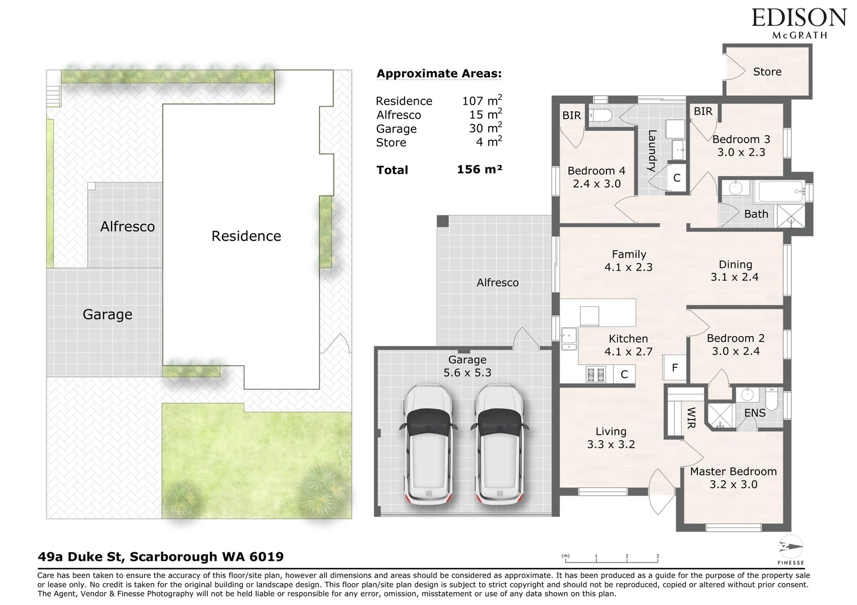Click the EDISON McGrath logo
799,22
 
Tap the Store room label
767,72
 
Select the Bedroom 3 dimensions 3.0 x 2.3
741,152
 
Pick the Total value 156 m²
479,169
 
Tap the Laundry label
652,151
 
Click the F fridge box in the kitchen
675,368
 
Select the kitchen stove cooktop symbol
595,374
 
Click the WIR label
691,417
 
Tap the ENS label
754,413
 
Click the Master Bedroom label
733,472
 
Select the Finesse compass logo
791,549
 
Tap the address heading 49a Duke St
160,557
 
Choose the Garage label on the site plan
107,315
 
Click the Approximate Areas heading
439,74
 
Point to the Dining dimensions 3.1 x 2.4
734,277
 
